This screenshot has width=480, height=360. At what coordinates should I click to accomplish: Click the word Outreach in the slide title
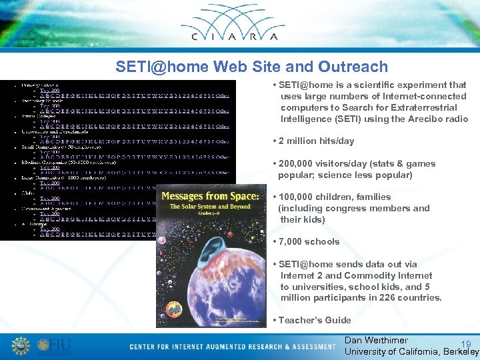coord(357,67)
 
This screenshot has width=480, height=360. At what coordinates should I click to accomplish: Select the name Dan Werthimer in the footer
coord(376,340)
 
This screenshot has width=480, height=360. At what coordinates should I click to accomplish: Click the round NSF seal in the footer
coord(21,346)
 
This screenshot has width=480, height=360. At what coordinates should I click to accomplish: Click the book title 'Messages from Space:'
coord(210,196)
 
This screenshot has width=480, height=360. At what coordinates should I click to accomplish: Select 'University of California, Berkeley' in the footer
coord(411,351)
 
